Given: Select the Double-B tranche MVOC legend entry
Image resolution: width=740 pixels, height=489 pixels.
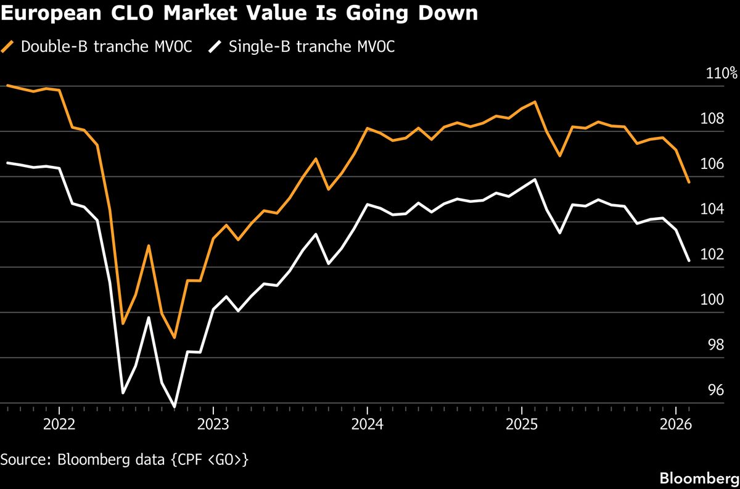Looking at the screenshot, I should click(x=99, y=47).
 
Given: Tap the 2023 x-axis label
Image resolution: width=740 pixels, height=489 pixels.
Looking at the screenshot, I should click(x=213, y=425).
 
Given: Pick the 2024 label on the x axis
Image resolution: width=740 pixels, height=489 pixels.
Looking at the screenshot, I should click(x=367, y=425).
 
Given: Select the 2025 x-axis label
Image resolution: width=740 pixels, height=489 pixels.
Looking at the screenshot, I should click(x=521, y=425).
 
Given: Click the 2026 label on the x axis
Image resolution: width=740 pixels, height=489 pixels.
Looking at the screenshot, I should click(x=675, y=425).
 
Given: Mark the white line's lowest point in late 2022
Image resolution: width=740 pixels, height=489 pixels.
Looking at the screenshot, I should click(x=175, y=407).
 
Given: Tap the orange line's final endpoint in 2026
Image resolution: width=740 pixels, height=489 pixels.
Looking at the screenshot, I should click(x=688, y=182).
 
